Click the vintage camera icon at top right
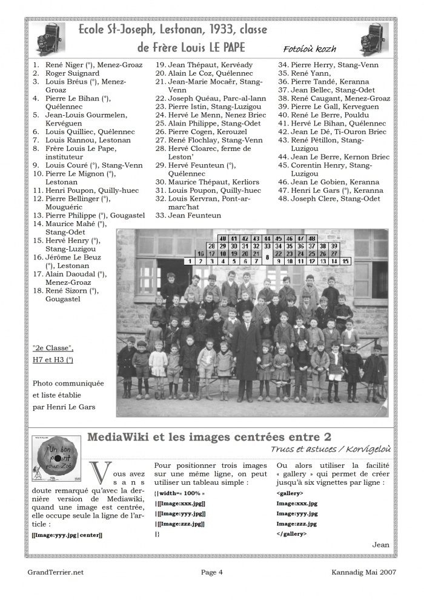coord(375,39)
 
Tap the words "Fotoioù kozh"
coord(309,49)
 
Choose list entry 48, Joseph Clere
coord(336,198)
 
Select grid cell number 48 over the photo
coord(312,239)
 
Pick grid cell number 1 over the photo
coord(190,261)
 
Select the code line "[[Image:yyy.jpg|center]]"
coord(67,535)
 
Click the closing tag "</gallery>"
coord(291,534)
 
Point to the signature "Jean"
coord(381,545)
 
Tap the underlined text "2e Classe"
coord(53,348)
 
